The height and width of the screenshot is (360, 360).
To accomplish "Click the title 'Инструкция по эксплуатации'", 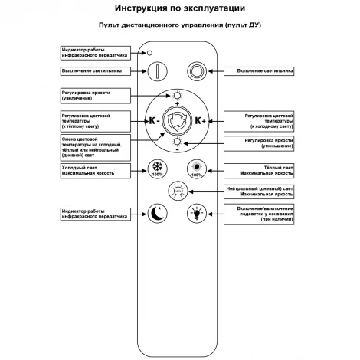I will [x=180, y=9].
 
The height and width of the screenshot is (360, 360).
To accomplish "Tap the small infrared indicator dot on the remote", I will [x=150, y=53].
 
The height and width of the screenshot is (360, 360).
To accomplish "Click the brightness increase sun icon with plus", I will [x=177, y=94].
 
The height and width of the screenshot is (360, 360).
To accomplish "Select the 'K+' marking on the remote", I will [x=201, y=120].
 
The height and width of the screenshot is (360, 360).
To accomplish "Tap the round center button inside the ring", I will [x=177, y=120].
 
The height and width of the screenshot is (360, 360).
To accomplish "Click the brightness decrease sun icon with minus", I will [x=177, y=142].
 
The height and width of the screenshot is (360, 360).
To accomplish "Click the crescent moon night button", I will [x=157, y=213].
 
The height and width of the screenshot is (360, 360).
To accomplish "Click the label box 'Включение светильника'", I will [x=260, y=71].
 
